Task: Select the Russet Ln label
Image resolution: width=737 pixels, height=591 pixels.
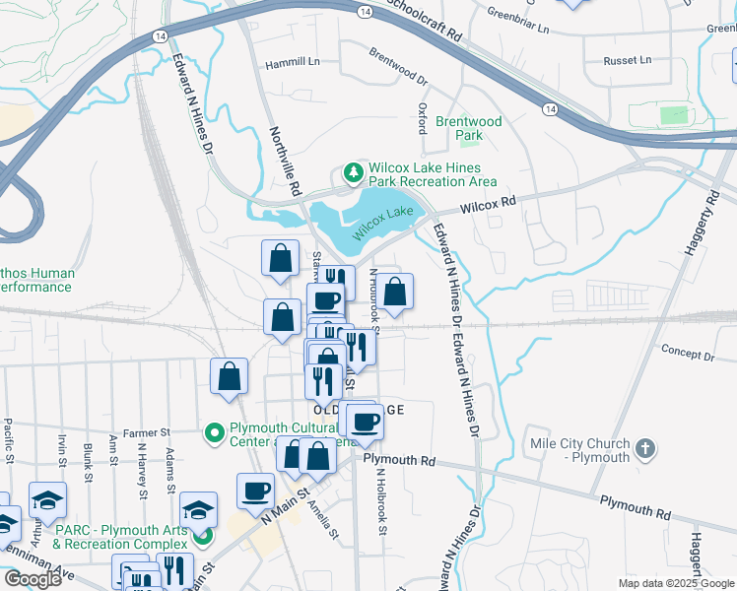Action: coord(628,60)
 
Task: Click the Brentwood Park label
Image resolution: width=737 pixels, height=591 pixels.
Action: coord(469,128)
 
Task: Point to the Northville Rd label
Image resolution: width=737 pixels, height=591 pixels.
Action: coord(286,158)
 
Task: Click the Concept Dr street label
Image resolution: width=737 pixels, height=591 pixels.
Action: coord(687,354)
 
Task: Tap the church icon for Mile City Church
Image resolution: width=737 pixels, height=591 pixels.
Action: coord(644,449)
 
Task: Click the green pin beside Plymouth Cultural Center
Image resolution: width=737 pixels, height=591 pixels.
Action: coord(212,432)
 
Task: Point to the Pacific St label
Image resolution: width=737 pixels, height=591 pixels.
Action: coord(8,440)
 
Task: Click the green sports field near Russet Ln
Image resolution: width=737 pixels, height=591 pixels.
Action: coord(674,114)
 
